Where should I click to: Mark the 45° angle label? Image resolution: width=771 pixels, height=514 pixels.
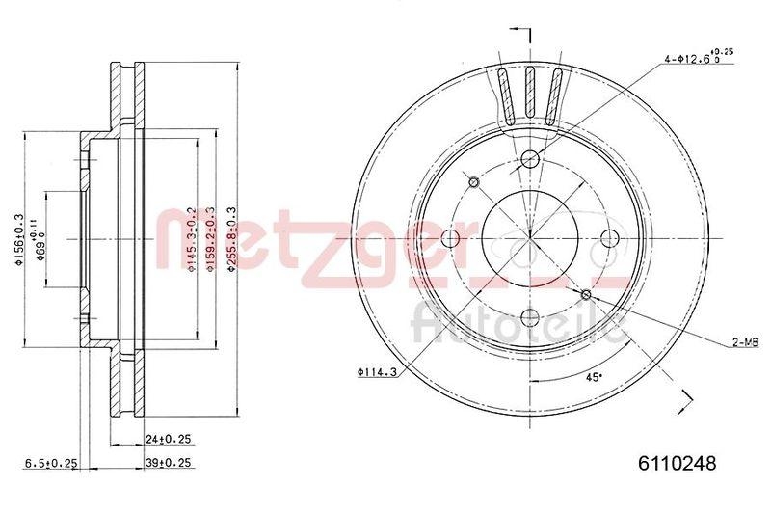click(595, 377)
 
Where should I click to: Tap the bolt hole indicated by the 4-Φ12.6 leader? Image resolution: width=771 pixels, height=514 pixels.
click(528, 160)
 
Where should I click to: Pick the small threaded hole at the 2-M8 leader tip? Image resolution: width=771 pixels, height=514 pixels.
click(586, 293)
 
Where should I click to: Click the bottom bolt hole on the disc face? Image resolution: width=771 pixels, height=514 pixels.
click(528, 317)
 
